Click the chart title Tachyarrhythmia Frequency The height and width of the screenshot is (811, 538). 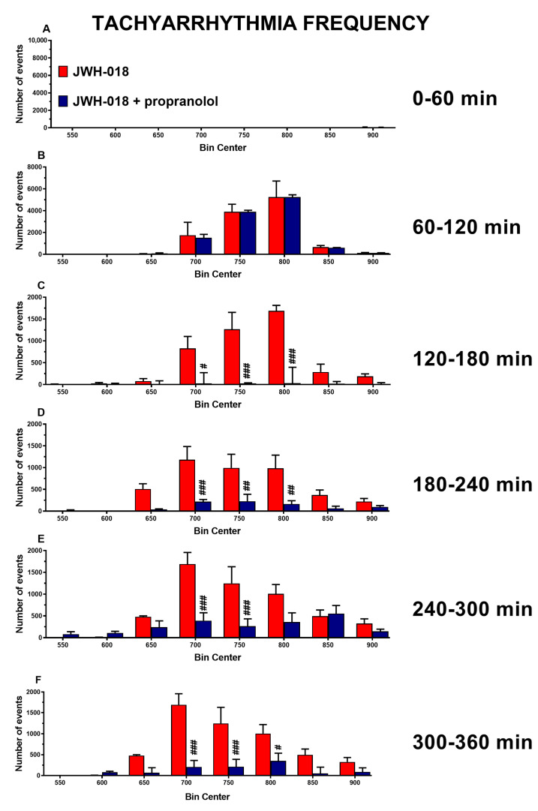[260, 23]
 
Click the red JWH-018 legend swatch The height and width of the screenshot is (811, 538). [64, 72]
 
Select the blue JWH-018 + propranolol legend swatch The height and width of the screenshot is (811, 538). [64, 101]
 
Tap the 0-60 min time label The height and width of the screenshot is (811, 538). [464, 98]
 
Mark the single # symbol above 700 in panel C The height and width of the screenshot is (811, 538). [203, 367]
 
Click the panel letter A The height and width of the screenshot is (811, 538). [47, 29]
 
